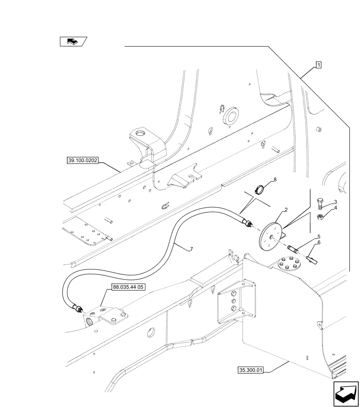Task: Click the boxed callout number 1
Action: pos(318,65)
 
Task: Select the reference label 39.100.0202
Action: pos(82,160)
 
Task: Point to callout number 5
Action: pos(318,236)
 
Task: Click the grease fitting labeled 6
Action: pos(312,261)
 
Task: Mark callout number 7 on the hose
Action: pos(191,249)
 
